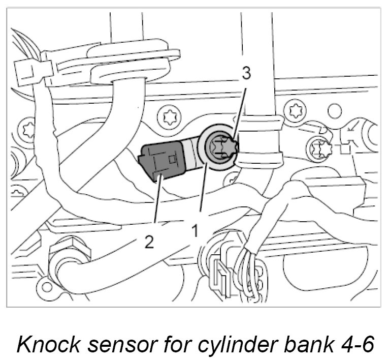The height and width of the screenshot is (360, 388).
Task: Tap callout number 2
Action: (149, 242)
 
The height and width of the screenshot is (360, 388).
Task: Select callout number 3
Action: (246, 74)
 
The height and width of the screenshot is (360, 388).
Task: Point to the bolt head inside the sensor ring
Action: (222, 146)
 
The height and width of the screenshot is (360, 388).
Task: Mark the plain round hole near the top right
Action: (334, 110)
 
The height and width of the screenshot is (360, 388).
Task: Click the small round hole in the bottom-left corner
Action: (47, 286)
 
